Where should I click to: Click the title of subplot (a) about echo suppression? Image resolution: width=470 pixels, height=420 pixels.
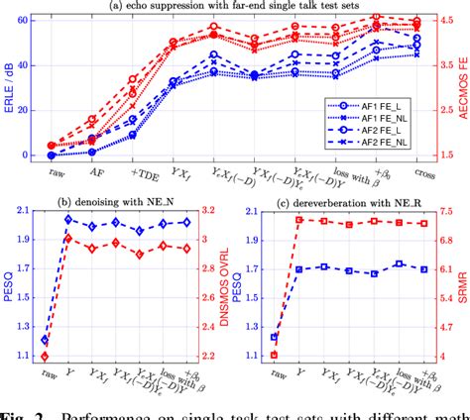click(x=235, y=7)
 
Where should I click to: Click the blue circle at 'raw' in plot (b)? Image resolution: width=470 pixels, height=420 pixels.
click(x=46, y=340)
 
